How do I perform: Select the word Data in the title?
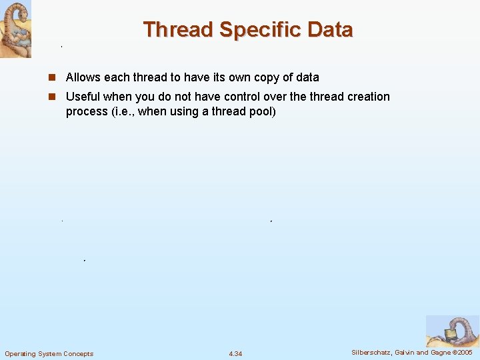pos(331,30)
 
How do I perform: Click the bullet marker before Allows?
pos(52,78)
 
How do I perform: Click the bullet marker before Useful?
pos(52,97)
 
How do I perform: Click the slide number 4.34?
pos(235,353)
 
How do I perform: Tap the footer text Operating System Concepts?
pos(49,353)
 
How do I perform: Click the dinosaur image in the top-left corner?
pos(15,29)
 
